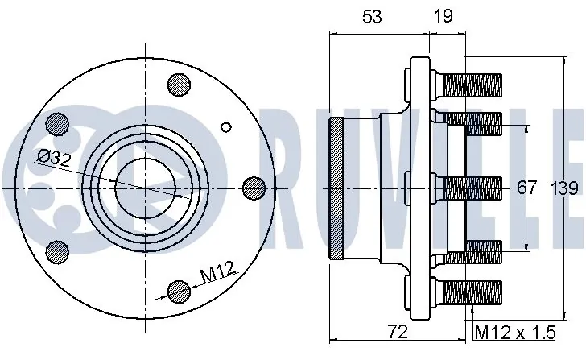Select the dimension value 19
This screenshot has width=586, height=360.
pyautogui.click(x=443, y=14)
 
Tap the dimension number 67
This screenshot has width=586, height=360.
pyautogui.click(x=526, y=188)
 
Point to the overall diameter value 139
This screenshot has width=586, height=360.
pyautogui.click(x=565, y=188)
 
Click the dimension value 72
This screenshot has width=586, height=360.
pyautogui.click(x=397, y=332)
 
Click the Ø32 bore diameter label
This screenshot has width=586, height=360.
pyautogui.click(x=54, y=158)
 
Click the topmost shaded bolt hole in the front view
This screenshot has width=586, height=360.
pyautogui.click(x=178, y=84)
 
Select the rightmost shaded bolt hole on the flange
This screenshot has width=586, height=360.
pyautogui.click(x=254, y=188)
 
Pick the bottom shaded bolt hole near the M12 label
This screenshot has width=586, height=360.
pyautogui.click(x=177, y=291)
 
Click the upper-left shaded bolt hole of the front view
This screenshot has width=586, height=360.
pyautogui.click(x=56, y=123)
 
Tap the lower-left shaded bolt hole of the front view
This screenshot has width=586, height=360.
pyautogui.click(x=56, y=250)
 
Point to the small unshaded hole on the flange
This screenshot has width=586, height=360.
pyautogui.click(x=226, y=126)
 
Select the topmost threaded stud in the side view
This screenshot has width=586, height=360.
pyautogui.click(x=471, y=82)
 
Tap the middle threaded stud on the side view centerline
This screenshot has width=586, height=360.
pyautogui.click(x=471, y=188)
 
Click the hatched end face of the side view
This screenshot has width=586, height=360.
pyautogui.click(x=336, y=188)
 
